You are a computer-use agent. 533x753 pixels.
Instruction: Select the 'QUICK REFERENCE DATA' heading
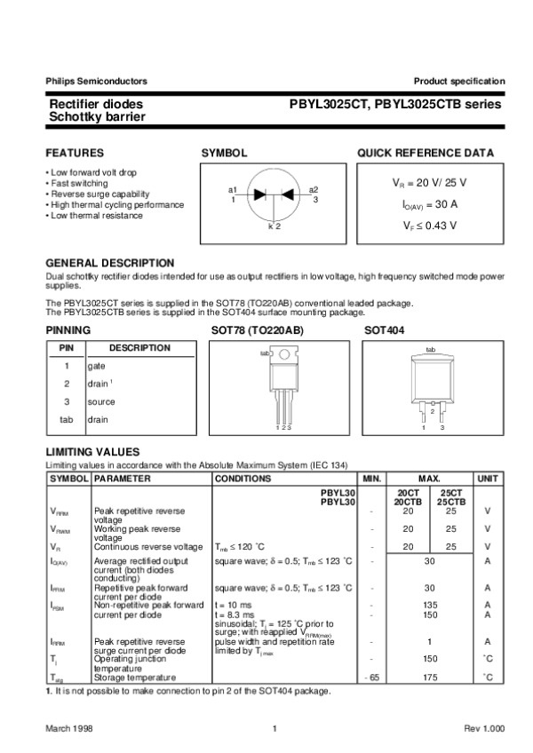point(426,154)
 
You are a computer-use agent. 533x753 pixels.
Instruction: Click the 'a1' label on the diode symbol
point(233,190)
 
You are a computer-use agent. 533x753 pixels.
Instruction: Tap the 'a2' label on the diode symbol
point(314,190)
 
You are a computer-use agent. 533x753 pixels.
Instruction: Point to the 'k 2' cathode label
point(274,227)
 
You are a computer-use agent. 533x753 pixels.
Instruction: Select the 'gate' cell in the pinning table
point(96,366)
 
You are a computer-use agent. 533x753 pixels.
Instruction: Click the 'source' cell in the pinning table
point(100,401)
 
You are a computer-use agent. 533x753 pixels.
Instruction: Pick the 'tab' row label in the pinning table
point(66,419)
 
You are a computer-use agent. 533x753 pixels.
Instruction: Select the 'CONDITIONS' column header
point(243,479)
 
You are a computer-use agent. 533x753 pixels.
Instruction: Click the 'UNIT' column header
point(488,479)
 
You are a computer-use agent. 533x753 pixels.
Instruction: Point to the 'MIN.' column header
point(372,479)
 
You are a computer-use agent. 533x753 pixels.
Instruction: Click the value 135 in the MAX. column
point(431,605)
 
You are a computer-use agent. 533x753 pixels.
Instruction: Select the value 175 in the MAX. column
point(431,678)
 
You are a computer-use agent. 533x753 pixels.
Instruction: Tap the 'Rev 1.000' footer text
point(484,729)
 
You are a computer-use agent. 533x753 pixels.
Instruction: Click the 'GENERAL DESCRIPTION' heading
point(109,264)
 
